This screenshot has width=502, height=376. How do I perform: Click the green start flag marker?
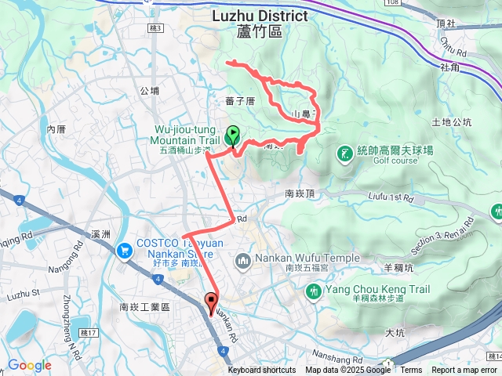tap(233, 136)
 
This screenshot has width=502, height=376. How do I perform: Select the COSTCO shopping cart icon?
tap(123, 251)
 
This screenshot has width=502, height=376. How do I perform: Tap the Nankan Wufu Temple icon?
tap(243, 259)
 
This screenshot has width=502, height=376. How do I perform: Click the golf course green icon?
tap(344, 151)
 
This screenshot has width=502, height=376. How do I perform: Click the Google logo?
tap(29, 365)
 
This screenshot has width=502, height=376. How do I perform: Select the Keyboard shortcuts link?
tap(262, 371)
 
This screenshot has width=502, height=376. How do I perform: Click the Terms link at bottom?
tap(411, 371)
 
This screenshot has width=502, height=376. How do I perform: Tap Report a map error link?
tap(465, 371)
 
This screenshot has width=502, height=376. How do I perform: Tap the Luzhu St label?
tap(23, 294)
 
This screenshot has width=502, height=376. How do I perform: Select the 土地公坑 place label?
tap(452, 122)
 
